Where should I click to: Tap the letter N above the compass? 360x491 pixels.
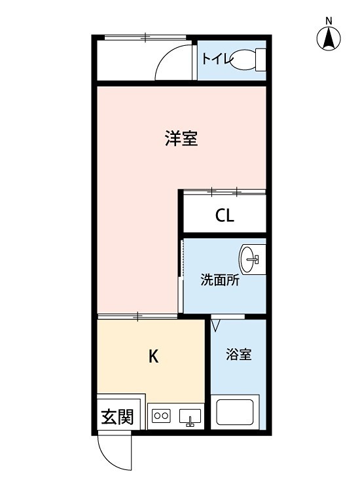[x=329, y=20]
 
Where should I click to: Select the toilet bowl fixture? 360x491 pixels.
[x=248, y=60]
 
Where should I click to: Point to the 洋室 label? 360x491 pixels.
[x=181, y=139]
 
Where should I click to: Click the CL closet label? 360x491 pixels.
[x=225, y=216]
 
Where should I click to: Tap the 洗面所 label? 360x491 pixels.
[x=219, y=280]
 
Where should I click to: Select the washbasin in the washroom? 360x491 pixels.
[x=251, y=259]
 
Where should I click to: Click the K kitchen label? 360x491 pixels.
[x=153, y=356]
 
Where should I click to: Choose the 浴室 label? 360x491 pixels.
[x=239, y=355]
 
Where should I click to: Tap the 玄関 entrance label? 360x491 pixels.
[x=118, y=417]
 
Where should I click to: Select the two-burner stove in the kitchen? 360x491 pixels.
[x=161, y=415]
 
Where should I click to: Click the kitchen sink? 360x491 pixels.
[x=190, y=416]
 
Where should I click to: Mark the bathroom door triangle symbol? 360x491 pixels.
[x=217, y=323]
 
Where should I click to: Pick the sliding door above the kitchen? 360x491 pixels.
[x=138, y=317]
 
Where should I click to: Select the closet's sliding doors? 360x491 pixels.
[x=224, y=192]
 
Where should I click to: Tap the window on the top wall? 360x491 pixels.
[x=145, y=36]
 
